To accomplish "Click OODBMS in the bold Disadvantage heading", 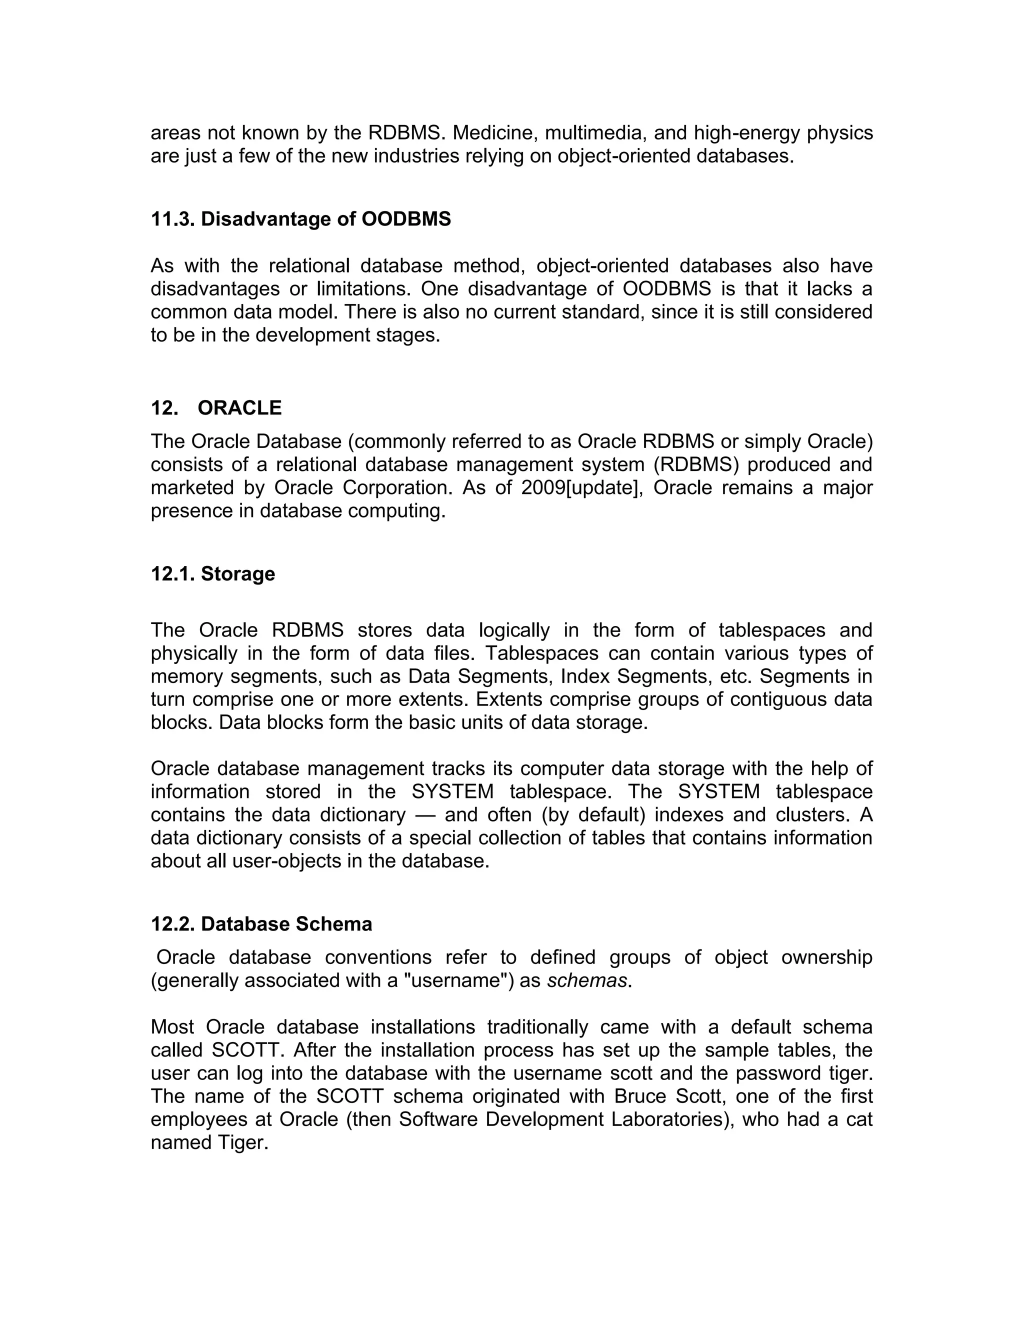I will (406, 219).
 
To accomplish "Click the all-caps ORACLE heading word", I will (239, 407).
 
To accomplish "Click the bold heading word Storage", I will (238, 574).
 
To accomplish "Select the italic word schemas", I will (586, 981).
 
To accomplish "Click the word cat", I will (859, 1119).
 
